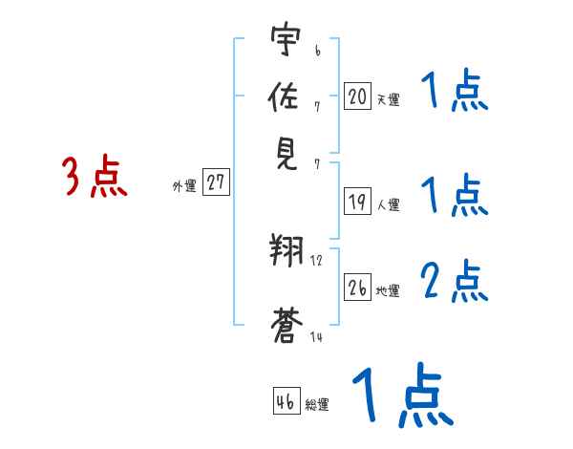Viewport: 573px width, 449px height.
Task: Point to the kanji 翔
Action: click(x=286, y=253)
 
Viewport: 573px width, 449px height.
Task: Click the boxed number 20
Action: click(x=357, y=96)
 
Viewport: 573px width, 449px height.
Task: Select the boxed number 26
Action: click(x=357, y=287)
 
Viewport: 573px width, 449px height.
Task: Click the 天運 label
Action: click(x=388, y=99)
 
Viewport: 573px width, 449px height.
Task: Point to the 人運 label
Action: click(x=388, y=204)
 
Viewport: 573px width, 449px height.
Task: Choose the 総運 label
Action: click(x=317, y=405)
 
